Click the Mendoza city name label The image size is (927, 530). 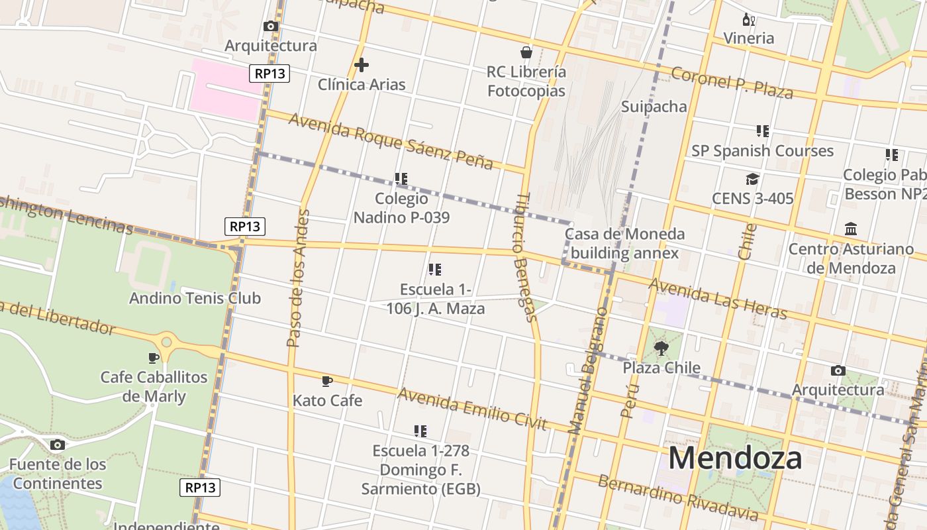pos(735,458)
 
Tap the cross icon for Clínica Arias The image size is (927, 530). pos(362,65)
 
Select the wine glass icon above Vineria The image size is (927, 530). pos(749,19)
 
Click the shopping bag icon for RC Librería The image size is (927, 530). pos(526,52)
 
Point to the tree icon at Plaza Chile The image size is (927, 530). pos(661,348)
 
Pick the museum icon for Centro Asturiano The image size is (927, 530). pos(851,229)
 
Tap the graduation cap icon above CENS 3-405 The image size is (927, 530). pos(752,179)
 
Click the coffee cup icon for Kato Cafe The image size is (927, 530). pos(327,381)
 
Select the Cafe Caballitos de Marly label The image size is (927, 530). pos(154,387)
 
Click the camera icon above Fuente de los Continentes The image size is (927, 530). pos(58,445)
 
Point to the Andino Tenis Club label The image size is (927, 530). pos(195,298)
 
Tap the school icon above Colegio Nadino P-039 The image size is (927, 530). pos(401,179)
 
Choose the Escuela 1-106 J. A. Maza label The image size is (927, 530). pos(436,299)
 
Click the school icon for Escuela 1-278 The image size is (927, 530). pos(420,431)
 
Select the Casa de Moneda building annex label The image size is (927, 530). pos(624,243)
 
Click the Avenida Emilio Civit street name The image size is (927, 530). pos(472,409)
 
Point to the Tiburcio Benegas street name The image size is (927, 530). pos(526,257)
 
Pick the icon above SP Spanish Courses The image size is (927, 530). pos(763,131)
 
